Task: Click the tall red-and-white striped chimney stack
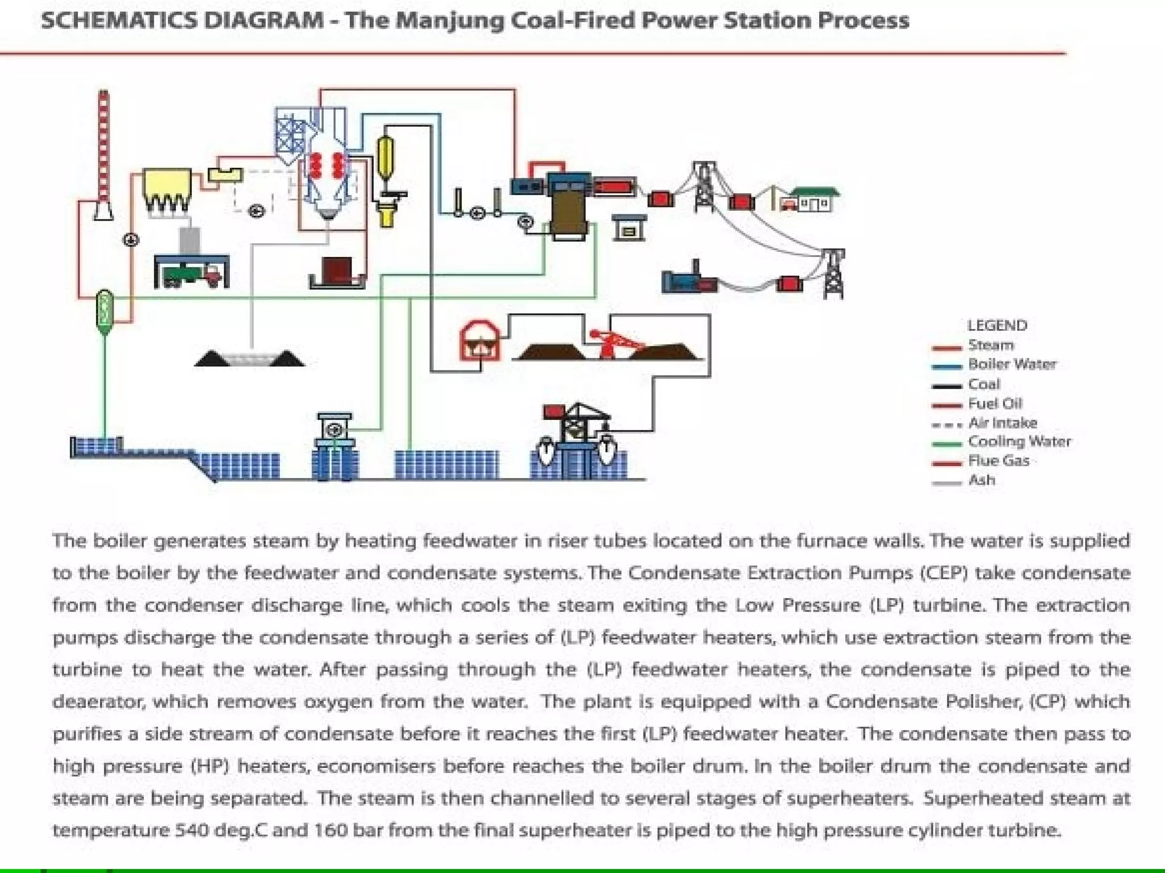pos(104,148)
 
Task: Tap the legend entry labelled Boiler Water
pos(1012,364)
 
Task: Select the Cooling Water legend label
pos(1019,442)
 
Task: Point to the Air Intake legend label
pos(1002,423)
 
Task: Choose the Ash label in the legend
pos(982,480)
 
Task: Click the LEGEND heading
pos(997,326)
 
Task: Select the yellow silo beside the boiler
pos(386,153)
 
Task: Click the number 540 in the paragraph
pos(192,830)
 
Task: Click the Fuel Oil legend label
pos(995,404)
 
